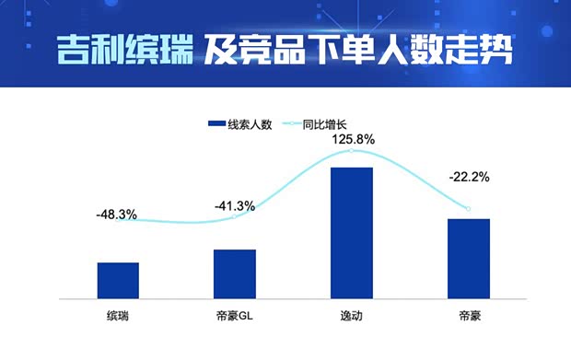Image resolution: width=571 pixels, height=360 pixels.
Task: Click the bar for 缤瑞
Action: [x=118, y=280]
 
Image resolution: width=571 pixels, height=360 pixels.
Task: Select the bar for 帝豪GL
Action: [x=234, y=273]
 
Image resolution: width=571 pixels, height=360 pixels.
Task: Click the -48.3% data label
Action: [x=116, y=215]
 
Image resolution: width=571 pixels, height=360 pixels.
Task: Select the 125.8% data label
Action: [x=352, y=140]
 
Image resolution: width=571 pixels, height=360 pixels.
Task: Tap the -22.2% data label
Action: [x=468, y=177]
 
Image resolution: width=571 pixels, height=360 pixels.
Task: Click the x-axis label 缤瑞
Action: [x=118, y=317]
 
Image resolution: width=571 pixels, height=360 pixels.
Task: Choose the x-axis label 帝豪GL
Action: [x=234, y=317]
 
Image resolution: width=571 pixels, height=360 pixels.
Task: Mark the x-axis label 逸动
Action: [x=352, y=317]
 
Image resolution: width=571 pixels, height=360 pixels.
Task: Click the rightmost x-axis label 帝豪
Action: [x=469, y=317]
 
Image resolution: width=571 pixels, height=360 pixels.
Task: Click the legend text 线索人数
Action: [x=251, y=125]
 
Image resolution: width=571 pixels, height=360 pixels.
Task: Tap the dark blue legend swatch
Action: [x=217, y=125]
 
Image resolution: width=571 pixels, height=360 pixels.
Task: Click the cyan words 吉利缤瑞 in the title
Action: [x=123, y=49]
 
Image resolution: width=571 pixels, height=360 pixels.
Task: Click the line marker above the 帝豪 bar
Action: [x=468, y=209]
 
